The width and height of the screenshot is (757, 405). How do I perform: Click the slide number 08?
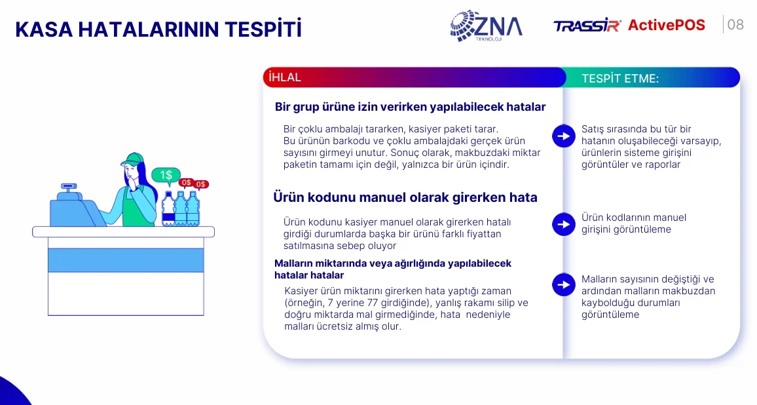click(735, 25)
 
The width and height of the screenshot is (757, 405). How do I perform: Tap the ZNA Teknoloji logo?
click(486, 26)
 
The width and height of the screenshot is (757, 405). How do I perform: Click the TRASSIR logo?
click(587, 26)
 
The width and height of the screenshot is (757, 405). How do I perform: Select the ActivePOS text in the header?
click(666, 25)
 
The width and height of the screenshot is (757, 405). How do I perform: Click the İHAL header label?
click(285, 77)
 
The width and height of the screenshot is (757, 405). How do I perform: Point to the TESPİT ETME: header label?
click(620, 78)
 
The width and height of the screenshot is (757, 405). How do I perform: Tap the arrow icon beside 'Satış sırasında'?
click(563, 136)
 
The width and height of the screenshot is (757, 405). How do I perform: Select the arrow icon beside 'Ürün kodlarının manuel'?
click(563, 224)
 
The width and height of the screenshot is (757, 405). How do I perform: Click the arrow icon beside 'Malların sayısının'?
click(563, 284)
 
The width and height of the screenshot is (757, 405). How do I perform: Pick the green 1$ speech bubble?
click(166, 176)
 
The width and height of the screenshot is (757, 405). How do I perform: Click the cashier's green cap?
click(132, 159)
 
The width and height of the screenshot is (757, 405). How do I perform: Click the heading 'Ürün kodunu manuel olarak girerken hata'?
click(405, 197)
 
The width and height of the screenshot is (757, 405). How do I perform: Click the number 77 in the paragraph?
click(371, 303)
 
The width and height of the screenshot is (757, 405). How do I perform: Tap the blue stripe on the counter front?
click(126, 260)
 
